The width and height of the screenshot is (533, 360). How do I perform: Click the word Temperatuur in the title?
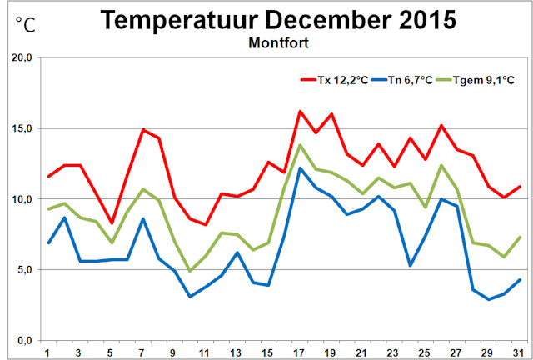point(188,20)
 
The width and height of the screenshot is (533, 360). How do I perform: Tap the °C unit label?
point(25,24)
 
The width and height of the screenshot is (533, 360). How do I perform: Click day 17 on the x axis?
point(300,352)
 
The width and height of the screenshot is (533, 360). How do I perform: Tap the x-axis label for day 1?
point(47,352)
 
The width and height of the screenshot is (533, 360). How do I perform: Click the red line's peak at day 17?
point(300,111)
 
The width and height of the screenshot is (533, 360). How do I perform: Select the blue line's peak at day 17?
point(300,168)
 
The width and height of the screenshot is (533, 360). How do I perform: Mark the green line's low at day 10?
point(190,271)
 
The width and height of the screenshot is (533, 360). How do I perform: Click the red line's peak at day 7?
point(143,130)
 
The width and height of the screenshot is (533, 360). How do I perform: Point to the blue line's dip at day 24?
point(411,265)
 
